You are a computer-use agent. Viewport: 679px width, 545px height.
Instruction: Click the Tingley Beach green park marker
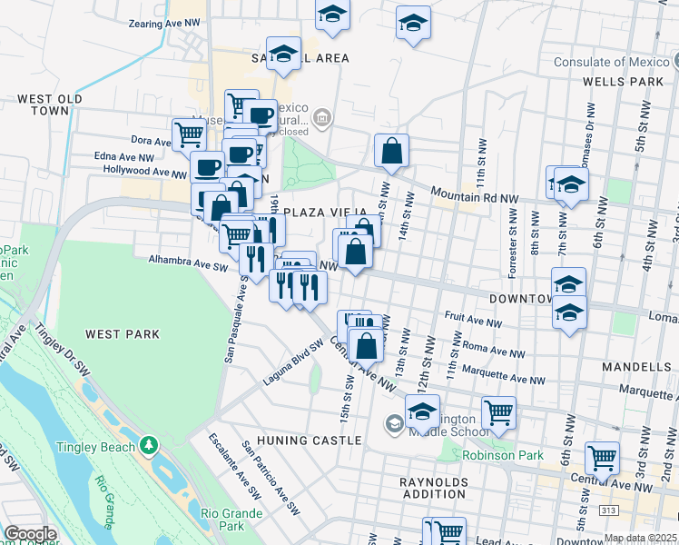149,446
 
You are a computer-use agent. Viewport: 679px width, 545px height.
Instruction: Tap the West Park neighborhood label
123,334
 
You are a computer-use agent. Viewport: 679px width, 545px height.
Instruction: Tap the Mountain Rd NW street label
474,195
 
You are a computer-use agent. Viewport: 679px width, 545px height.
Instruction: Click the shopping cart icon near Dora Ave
189,134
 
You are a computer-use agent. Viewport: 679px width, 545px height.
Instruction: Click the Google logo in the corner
30,534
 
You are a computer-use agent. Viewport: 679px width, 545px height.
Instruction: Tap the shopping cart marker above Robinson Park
498,412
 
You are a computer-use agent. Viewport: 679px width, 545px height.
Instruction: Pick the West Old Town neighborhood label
50,104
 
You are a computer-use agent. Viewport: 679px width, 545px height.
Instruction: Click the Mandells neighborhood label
636,367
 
